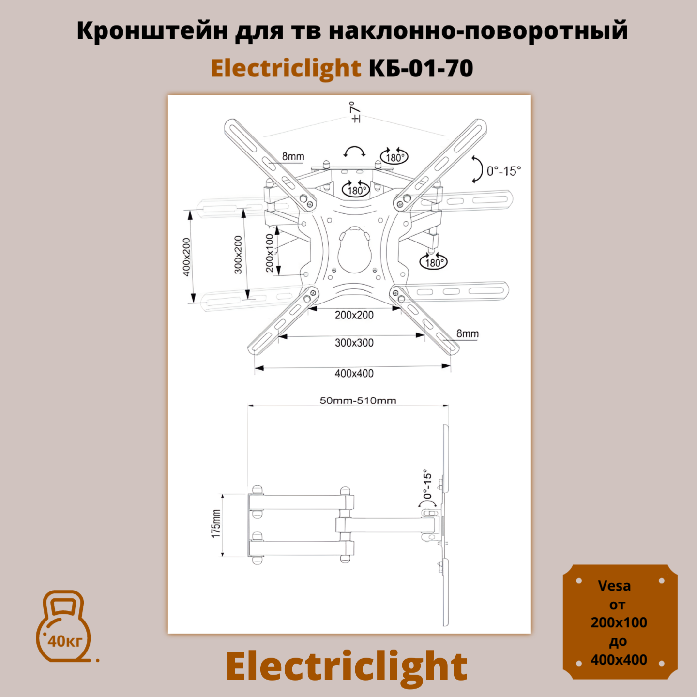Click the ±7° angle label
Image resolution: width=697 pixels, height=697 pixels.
pyautogui.click(x=355, y=112)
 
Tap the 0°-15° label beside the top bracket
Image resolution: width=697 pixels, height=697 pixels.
pyautogui.click(x=503, y=171)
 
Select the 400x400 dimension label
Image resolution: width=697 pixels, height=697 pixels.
pyautogui.click(x=354, y=374)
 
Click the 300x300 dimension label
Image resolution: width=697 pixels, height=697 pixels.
pyautogui.click(x=354, y=343)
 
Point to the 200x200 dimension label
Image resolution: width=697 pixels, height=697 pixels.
pyautogui.click(x=354, y=315)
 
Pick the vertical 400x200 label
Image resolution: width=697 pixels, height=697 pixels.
pyautogui.click(x=187, y=257)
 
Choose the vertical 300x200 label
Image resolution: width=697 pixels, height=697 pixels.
pyautogui.click(x=238, y=255)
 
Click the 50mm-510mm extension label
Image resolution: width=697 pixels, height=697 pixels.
pyautogui.click(x=358, y=401)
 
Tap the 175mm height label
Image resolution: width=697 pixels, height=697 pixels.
pyautogui.click(x=216, y=523)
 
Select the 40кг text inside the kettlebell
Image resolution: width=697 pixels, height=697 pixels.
pyautogui.click(x=65, y=641)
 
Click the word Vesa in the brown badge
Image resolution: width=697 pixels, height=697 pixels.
pyautogui.click(x=614, y=586)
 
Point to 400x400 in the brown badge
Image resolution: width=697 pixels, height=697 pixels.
pyautogui.click(x=619, y=660)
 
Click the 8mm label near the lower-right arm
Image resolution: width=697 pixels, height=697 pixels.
pyautogui.click(x=467, y=333)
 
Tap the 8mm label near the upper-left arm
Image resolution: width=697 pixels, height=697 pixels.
pyautogui.click(x=293, y=156)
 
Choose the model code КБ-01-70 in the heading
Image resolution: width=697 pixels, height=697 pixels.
pyautogui.click(x=421, y=68)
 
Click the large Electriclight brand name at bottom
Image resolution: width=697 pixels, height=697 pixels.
pyautogui.click(x=347, y=667)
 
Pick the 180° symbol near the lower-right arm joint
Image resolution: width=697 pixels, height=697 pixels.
pyautogui.click(x=433, y=262)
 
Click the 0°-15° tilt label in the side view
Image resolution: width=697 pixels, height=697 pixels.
pyautogui.click(x=427, y=484)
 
